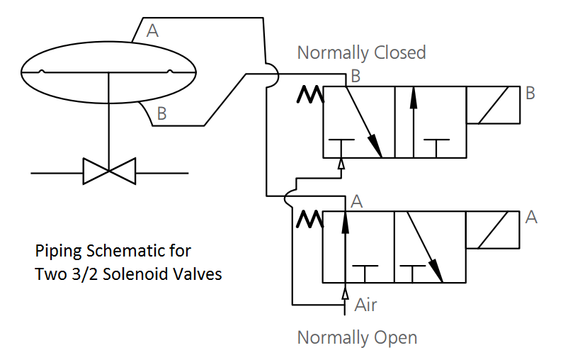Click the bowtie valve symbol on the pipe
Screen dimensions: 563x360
pos(109,171)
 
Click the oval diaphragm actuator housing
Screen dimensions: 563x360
pos(108,42)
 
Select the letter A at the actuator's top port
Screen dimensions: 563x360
pos(152,31)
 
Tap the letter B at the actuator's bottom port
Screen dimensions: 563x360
pos(162,113)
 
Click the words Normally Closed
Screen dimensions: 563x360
pos(362,53)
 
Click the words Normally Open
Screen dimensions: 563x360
pos(357,338)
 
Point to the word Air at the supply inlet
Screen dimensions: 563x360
pos(365,305)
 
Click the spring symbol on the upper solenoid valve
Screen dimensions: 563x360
pos(310,94)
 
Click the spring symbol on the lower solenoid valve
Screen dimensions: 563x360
pos(310,219)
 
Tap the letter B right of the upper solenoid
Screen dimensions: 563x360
pos(530,93)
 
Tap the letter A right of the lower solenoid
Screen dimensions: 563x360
pos(531,218)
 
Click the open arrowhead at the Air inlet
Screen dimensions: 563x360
pos(345,293)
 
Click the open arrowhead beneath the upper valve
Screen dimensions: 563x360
pos(341,164)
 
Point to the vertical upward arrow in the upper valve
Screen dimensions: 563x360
pos(414,122)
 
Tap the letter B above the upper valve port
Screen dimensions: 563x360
pos(356,76)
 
